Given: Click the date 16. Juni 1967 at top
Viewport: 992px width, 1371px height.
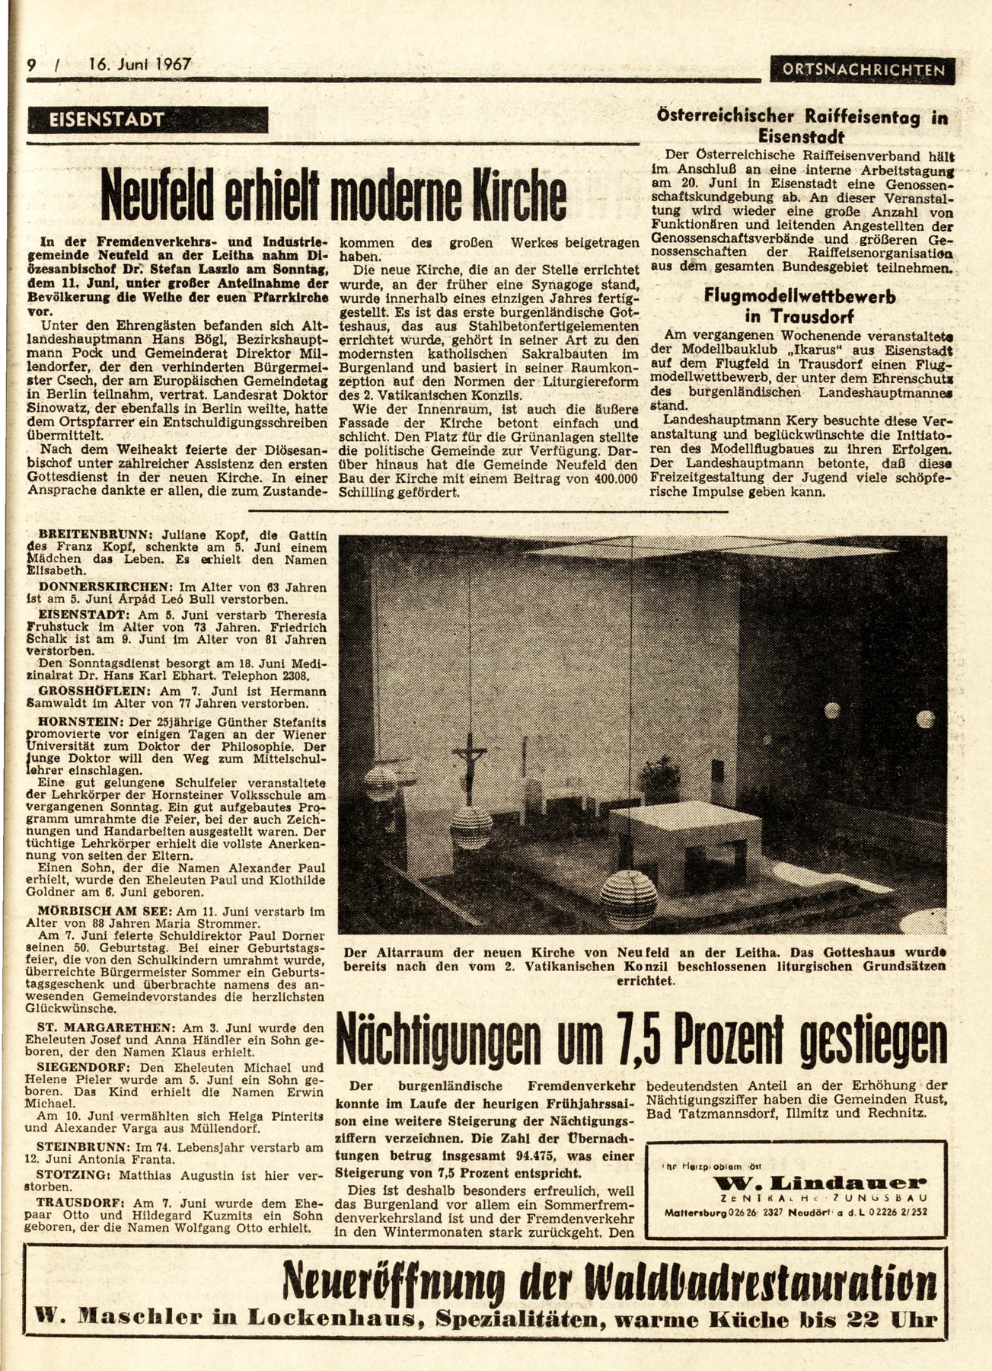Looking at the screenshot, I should pos(139,66).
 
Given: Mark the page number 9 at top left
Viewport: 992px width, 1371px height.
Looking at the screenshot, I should pos(32,66).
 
